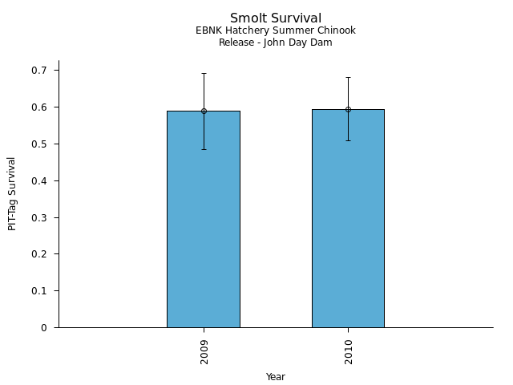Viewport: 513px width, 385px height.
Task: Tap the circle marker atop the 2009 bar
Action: [x=204, y=111]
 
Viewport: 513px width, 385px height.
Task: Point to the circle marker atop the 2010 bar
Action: [x=348, y=109]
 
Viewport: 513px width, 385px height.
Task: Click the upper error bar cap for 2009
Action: [x=204, y=74]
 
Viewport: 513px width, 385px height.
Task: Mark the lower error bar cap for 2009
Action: [x=204, y=149]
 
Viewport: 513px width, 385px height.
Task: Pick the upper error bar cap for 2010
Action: [x=348, y=78]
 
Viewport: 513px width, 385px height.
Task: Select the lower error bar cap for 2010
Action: [x=348, y=140]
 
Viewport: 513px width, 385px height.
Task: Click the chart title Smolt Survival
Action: [x=276, y=18]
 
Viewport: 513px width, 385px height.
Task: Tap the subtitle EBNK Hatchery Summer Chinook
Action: [x=276, y=31]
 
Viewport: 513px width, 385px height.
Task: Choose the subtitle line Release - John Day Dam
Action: [x=276, y=43]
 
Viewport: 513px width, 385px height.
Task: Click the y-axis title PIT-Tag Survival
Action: [x=12, y=194]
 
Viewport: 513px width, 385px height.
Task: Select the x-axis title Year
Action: [x=276, y=377]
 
